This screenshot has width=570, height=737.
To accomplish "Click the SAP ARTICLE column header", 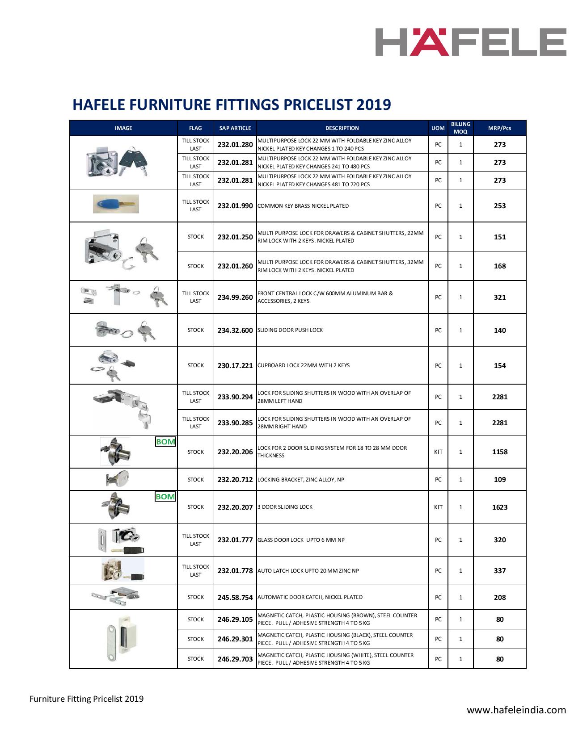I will [235, 128].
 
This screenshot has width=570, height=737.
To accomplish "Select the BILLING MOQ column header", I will [460, 128].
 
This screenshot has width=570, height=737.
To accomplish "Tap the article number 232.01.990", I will [235, 206].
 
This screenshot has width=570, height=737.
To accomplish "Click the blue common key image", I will [116, 204].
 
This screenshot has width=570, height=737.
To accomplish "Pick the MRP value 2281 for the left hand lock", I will [499, 397].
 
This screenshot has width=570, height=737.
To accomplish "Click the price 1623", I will [499, 507].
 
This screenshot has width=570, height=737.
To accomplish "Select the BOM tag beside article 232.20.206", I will [165, 442].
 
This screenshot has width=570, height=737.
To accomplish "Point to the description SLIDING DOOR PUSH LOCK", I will [290, 330].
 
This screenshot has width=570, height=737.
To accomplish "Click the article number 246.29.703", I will [235, 659].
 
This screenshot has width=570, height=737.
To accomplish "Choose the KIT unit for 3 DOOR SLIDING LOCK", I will [438, 507].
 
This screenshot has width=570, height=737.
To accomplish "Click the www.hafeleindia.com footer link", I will [516, 710].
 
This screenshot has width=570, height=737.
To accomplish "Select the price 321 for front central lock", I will [499, 297].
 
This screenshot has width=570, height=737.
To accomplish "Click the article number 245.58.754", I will [235, 597].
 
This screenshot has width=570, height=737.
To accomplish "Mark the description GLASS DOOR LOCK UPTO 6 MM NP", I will [301, 540].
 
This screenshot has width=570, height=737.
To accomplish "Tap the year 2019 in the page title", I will [374, 105].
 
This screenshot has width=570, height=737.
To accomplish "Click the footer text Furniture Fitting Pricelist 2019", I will [86, 699].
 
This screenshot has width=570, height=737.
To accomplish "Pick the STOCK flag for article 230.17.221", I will [195, 365].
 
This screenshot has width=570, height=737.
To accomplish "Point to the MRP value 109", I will [499, 480].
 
